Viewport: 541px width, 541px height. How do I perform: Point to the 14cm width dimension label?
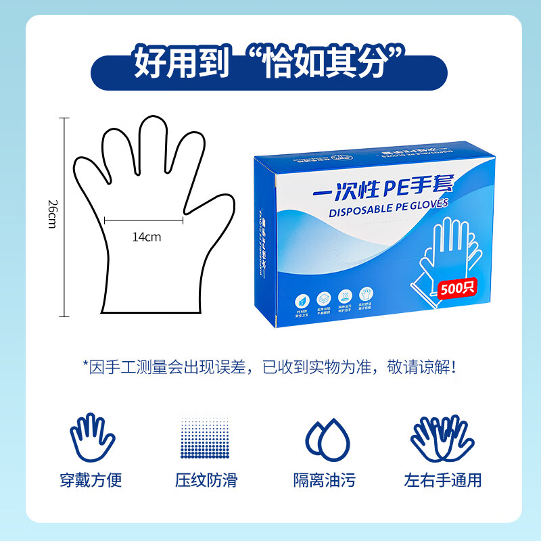147,237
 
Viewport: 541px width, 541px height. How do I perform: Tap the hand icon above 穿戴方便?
91,436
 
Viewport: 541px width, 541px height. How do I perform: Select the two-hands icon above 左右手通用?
443,436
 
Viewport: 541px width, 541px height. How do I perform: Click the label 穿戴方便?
91,480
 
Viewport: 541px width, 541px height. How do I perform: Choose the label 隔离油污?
325,480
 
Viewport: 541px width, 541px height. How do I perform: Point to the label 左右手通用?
443,480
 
